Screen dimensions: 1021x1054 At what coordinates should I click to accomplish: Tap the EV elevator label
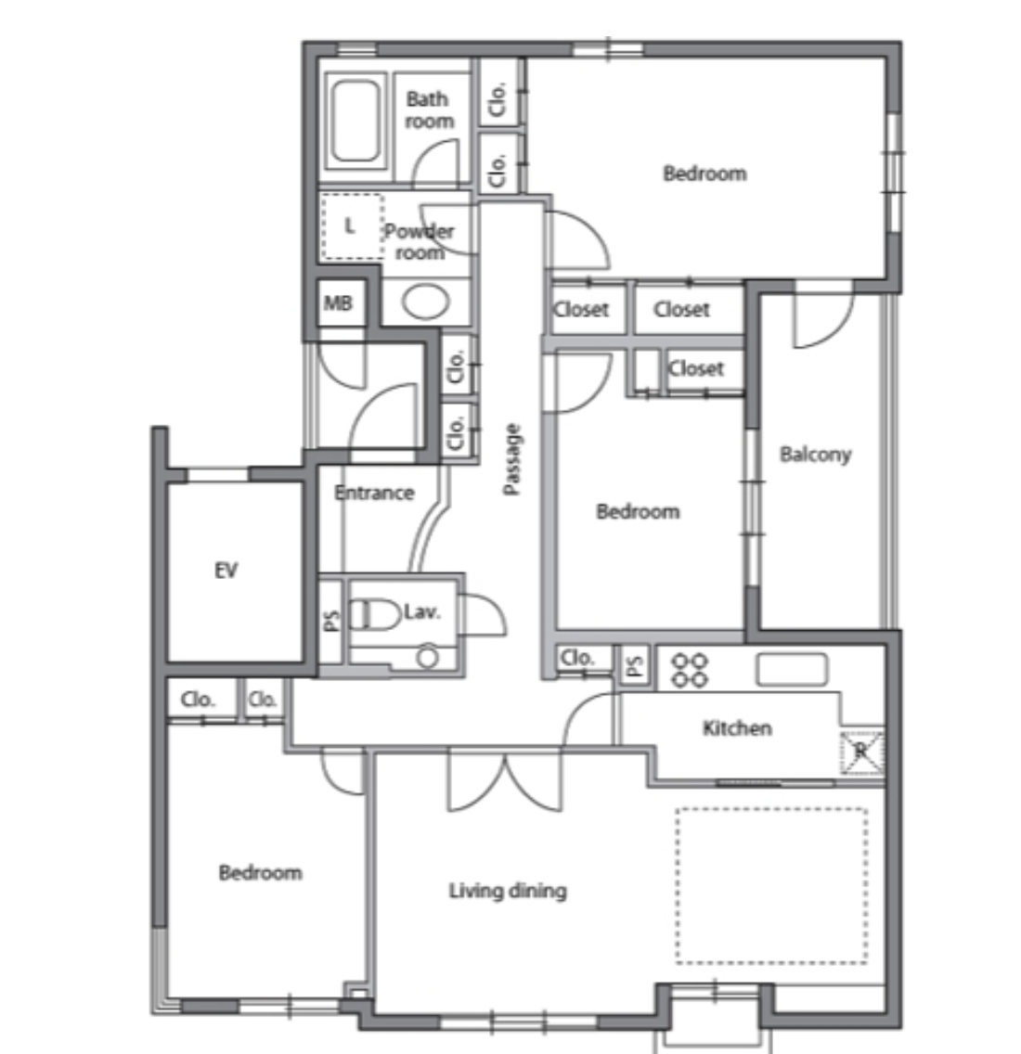[226, 571]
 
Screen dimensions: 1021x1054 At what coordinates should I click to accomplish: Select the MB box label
[338, 303]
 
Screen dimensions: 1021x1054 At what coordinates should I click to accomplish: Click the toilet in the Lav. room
[375, 614]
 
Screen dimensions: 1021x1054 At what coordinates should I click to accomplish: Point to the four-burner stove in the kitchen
[690, 671]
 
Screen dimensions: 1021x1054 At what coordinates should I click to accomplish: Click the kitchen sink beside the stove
[792, 670]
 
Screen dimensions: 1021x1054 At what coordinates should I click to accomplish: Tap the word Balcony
[815, 455]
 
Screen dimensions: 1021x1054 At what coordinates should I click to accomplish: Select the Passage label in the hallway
[511, 459]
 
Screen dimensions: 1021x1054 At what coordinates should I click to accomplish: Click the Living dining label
[508, 892]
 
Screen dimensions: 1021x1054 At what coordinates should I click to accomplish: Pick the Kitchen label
[737, 728]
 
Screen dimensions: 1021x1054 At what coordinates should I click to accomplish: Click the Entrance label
[375, 493]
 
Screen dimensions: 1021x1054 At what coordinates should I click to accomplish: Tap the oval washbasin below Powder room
[426, 302]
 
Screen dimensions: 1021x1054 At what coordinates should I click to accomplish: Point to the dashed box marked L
[353, 225]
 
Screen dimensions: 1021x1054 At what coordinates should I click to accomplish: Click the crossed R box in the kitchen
[861, 752]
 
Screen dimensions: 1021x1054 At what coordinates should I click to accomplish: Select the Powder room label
[419, 241]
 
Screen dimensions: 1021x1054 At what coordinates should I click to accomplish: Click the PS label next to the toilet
[331, 621]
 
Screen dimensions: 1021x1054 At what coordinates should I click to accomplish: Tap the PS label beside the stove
[634, 665]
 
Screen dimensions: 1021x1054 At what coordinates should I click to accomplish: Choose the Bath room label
[429, 110]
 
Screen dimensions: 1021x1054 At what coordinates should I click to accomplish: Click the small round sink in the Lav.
[427, 657]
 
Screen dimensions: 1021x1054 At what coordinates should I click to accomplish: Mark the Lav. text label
[421, 612]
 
